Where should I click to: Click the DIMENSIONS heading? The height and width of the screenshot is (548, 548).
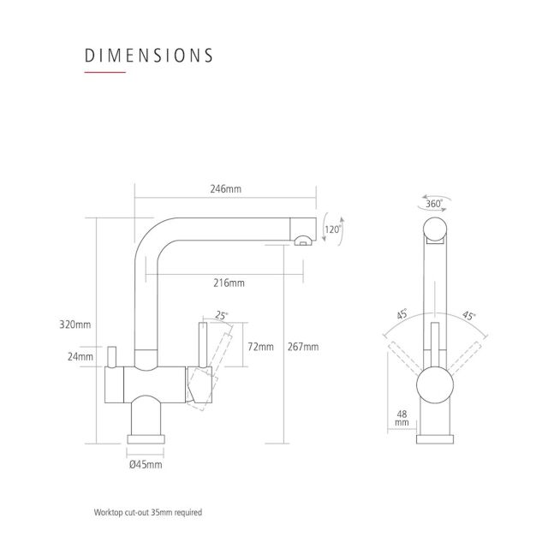148,56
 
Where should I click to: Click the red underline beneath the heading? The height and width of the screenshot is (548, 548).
104,72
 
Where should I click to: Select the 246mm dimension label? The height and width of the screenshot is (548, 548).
225,189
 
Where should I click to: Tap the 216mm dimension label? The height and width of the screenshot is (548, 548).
229,283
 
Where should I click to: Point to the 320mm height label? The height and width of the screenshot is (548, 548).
75,325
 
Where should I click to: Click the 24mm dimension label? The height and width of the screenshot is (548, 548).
80,356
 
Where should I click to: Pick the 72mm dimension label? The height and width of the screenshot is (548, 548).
260,347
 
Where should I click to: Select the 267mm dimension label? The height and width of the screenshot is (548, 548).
303,347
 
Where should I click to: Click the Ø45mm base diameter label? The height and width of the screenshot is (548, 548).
146,464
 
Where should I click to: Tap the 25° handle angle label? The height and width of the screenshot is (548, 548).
221,315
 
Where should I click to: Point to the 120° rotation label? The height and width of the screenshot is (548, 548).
332,229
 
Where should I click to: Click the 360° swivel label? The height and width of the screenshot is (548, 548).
434,204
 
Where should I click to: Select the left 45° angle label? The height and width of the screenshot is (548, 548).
402,314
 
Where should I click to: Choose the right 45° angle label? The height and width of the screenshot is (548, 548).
468,316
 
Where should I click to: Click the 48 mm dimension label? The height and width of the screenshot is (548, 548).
402,418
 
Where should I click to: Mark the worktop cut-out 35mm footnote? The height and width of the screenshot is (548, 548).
148,512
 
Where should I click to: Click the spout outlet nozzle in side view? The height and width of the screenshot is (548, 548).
303,241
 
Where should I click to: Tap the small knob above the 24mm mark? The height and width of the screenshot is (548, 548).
111,357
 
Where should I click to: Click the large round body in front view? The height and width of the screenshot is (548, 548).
435,384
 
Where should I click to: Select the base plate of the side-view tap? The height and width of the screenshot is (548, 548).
146,439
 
